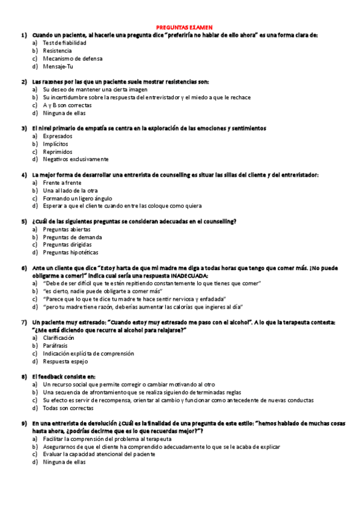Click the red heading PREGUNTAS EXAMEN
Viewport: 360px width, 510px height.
(180, 27)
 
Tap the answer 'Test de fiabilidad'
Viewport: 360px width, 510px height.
(64, 43)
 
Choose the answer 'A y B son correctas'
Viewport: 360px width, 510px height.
(67, 105)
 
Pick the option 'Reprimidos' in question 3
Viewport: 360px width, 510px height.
(58, 152)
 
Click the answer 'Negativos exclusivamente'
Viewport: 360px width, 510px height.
(76, 159)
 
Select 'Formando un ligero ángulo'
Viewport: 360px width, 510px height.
(77, 198)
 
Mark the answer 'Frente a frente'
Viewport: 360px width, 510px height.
(62, 183)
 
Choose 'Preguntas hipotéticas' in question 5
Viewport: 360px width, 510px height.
(70, 253)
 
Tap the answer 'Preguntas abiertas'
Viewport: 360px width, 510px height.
(67, 229)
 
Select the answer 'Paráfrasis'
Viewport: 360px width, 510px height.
(55, 346)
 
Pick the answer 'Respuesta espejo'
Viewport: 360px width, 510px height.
(65, 361)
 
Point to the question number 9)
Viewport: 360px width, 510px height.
(24, 424)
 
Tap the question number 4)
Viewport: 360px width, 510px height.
(24, 175)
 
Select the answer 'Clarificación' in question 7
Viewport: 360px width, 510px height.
(59, 338)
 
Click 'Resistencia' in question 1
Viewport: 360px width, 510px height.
(57, 51)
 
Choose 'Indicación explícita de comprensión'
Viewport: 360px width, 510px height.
(88, 354)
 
